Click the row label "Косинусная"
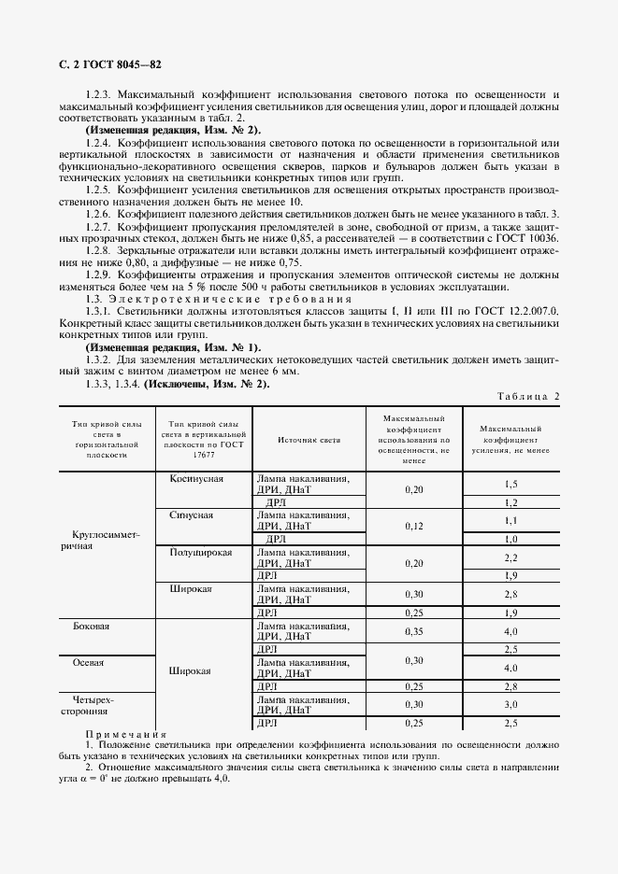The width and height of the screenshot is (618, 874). click(x=195, y=478)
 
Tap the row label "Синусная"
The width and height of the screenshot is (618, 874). click(x=192, y=515)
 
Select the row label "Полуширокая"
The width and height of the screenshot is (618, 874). click(x=199, y=552)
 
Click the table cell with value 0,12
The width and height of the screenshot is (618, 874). click(x=413, y=526)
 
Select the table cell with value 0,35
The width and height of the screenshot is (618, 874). click(x=413, y=631)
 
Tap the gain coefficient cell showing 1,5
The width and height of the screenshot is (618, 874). click(x=510, y=484)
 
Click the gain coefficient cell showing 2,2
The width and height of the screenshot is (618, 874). click(x=510, y=557)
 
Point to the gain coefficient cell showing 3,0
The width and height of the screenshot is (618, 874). click(x=510, y=704)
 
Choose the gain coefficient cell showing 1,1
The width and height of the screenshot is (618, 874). click(x=510, y=520)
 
